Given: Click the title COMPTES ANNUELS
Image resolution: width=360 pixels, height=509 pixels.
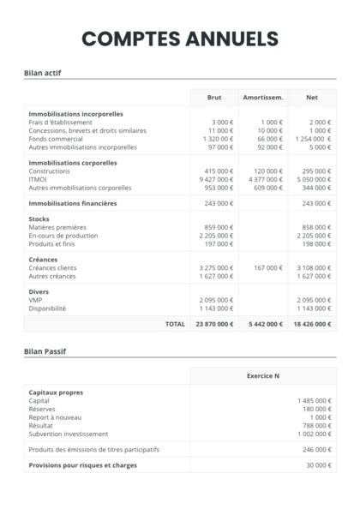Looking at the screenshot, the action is [180, 39].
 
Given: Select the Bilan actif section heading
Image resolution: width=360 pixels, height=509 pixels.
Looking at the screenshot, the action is [43, 73].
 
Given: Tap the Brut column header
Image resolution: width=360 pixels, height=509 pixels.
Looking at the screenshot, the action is [214, 98].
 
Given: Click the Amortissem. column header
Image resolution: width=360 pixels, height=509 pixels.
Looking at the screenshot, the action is [263, 98].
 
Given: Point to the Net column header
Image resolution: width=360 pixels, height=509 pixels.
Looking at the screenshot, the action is [312, 98].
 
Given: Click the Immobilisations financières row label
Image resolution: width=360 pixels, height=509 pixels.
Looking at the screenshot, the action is [73, 203].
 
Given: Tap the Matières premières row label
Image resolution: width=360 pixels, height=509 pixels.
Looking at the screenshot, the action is [58, 227].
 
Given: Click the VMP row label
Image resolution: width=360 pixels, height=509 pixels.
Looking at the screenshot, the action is [35, 300].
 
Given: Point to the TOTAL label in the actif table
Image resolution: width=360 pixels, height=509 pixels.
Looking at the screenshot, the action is [175, 324].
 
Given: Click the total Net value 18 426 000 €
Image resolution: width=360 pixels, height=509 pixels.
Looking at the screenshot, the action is [312, 324].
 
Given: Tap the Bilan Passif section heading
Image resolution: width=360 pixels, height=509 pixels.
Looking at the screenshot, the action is [45, 351].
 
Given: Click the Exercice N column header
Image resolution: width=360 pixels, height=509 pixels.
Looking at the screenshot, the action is [263, 376].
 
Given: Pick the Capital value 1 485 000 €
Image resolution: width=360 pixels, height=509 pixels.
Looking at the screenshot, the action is [314, 400].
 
